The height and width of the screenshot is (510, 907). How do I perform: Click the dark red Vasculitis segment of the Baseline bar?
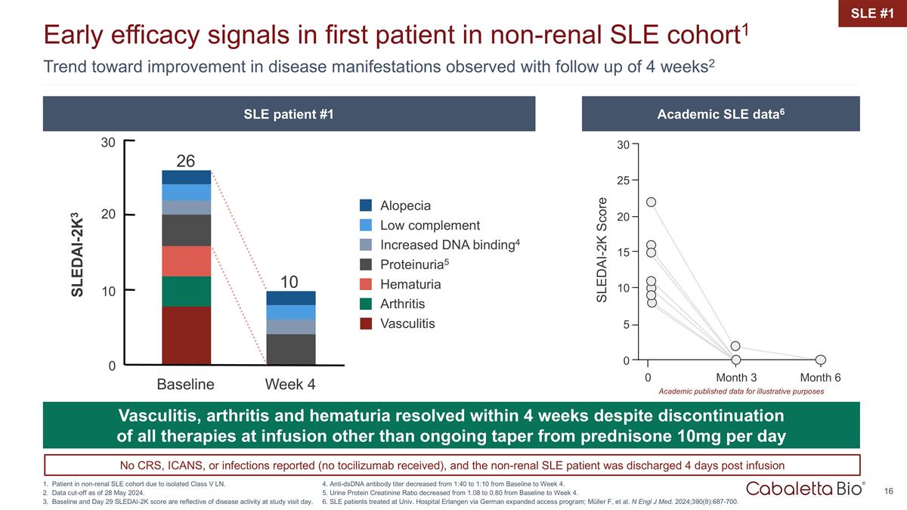[x=186, y=335]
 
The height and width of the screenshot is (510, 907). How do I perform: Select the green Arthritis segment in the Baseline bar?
[x=186, y=292]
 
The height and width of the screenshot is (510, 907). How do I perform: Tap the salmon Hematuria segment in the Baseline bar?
[x=186, y=261]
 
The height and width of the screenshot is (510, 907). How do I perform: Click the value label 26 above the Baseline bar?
[x=186, y=161]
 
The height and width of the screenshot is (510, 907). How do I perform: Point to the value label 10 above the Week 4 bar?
[x=289, y=282]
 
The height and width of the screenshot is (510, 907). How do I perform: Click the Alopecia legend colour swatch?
[x=367, y=206]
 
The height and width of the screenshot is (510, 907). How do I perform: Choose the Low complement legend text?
[x=430, y=225]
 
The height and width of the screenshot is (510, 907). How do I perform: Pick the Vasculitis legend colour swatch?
[x=367, y=323]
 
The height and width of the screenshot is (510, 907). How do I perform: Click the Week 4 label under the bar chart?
[x=289, y=385]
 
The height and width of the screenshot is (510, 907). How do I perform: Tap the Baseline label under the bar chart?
[x=186, y=385]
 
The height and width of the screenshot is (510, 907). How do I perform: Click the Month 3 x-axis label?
[x=735, y=377]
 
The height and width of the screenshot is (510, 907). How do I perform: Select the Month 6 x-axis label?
[x=821, y=377]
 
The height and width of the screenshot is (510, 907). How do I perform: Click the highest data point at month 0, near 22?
[x=651, y=202]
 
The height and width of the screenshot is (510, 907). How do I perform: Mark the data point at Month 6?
[x=821, y=360]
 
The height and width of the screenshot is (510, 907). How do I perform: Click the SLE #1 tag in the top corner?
[x=872, y=13]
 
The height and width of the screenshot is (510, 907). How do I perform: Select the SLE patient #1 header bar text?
[x=289, y=114]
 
